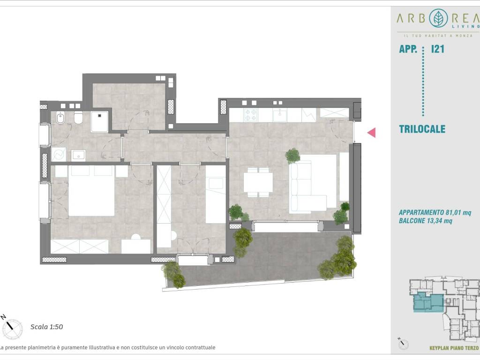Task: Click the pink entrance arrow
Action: point(372,133)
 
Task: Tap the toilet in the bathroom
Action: point(78,118)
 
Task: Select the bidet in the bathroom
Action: point(60,118)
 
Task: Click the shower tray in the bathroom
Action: point(99,121)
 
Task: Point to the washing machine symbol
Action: point(59,155)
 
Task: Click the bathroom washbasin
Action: point(78,156)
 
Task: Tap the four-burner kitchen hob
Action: point(250,115)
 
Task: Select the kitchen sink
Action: point(280,115)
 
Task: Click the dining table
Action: point(258,182)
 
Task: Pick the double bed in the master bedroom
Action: point(91,190)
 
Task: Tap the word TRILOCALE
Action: point(422,129)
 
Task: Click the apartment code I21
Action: point(437,49)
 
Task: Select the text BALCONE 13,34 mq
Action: point(425,221)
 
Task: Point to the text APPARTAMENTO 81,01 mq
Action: point(435,212)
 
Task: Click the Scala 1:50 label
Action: point(46,327)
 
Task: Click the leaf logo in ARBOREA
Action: point(439,18)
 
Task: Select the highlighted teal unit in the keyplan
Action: point(428,302)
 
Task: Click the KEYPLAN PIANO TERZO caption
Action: point(454,348)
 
